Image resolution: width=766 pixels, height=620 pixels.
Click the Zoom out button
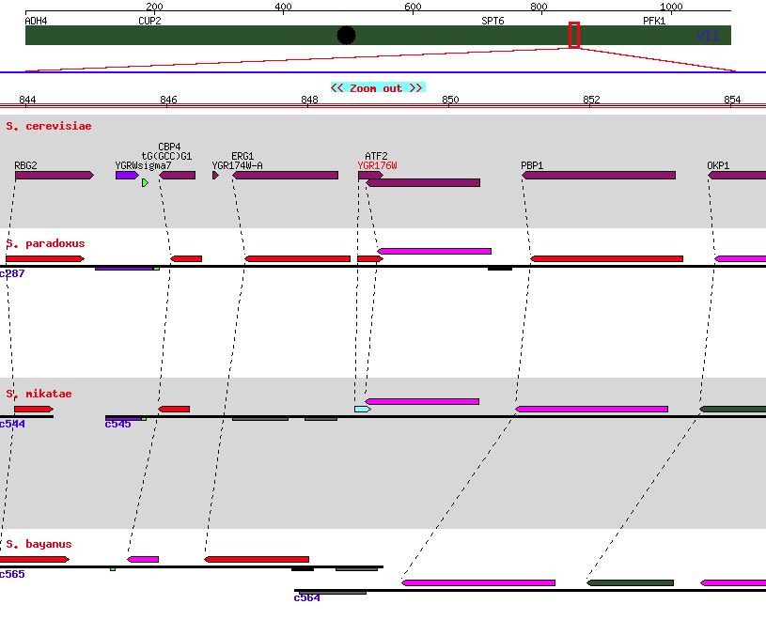tap(378, 88)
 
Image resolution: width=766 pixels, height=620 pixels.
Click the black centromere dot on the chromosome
tap(346, 36)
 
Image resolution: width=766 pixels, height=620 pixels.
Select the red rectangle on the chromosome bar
tap(574, 35)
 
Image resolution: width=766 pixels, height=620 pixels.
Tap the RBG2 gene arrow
tap(54, 176)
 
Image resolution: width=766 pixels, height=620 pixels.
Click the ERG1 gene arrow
tap(285, 176)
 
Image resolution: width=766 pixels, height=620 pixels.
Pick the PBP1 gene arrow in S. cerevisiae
tap(598, 176)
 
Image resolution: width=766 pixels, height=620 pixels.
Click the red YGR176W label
tap(377, 166)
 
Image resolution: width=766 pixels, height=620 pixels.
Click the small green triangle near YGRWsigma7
tap(145, 183)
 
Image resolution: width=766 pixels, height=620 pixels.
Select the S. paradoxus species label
tap(45, 243)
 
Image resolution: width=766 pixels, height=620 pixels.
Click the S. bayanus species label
tap(39, 544)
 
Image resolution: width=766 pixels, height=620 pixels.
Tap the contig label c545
tap(117, 424)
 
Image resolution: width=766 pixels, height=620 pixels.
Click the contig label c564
tap(306, 597)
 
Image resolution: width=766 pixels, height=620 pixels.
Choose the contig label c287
tap(12, 273)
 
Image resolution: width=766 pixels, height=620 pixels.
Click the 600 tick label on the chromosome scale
tap(412, 8)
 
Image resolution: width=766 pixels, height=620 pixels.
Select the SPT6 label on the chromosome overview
tap(492, 20)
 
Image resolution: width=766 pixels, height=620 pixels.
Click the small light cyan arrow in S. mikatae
tap(362, 410)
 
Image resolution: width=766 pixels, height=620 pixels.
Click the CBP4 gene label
tap(169, 147)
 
